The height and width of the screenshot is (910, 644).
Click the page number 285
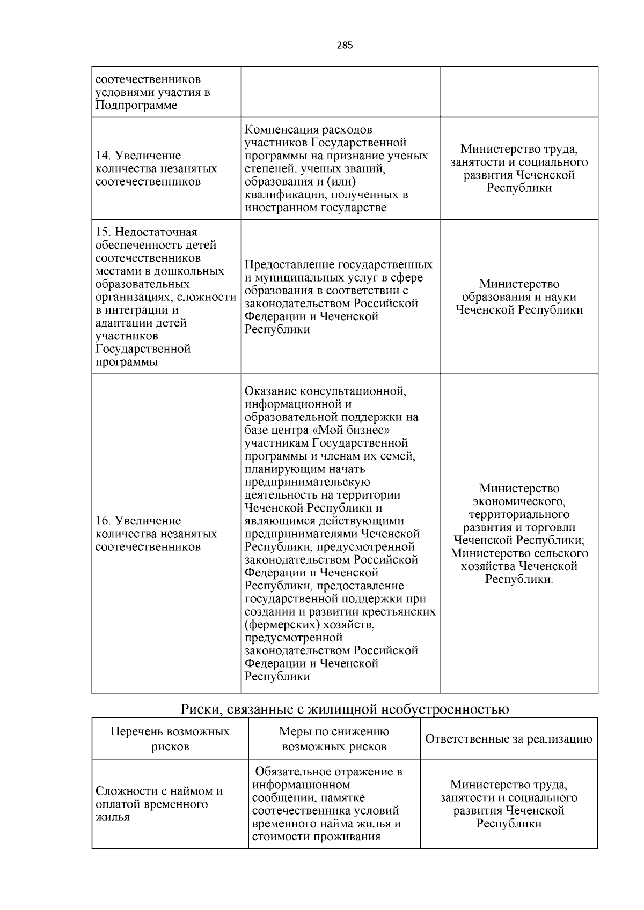pyautogui.click(x=345, y=46)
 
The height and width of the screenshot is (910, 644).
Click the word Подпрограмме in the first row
pyautogui.click(x=136, y=105)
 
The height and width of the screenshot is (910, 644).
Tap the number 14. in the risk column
pyautogui.click(x=104, y=156)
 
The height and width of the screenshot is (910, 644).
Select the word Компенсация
pyautogui.click(x=281, y=130)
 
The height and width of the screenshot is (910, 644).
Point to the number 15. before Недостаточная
pyautogui.click(x=104, y=232)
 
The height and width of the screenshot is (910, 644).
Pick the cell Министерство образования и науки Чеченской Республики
pyautogui.click(x=519, y=297)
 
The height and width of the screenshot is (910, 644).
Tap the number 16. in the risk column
pyautogui.click(x=104, y=521)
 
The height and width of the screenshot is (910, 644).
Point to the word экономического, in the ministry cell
pyautogui.click(x=519, y=501)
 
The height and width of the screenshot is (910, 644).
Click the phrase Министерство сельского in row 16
pyautogui.click(x=519, y=553)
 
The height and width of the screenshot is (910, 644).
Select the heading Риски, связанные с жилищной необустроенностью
pyautogui.click(x=345, y=709)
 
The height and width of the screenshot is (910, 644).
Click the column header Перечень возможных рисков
pyautogui.click(x=170, y=738)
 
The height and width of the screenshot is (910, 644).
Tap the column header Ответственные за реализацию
pyautogui.click(x=508, y=738)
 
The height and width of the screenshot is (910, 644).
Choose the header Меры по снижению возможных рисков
pyautogui.click(x=334, y=738)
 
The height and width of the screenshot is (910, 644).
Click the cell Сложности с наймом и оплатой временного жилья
pyautogui.click(x=159, y=804)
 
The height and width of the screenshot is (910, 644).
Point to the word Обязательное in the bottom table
pyautogui.click(x=291, y=772)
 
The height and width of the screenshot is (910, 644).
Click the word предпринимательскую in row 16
pyautogui.click(x=307, y=482)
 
